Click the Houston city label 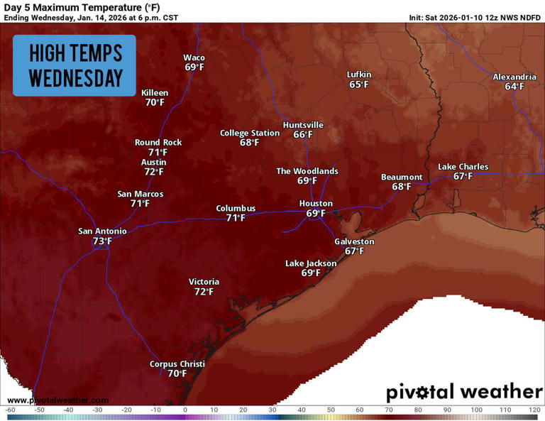coord(316,204)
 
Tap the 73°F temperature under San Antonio coord(103,241)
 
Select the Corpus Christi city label coord(177,364)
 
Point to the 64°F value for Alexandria coord(514,87)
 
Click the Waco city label coord(194,58)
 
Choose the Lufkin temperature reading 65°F coord(359,84)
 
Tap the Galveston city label coord(354,241)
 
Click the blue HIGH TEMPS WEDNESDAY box coord(75,65)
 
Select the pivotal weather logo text coord(464,392)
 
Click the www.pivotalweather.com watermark coord(58,400)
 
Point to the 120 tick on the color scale coord(534,410)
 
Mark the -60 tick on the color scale coord(11,410)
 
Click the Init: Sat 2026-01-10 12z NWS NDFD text coord(475,17)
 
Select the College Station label coord(249,133)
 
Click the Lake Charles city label coord(463,167)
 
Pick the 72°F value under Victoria coord(204,292)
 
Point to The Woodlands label coord(307,171)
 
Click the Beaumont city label coord(402,177)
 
